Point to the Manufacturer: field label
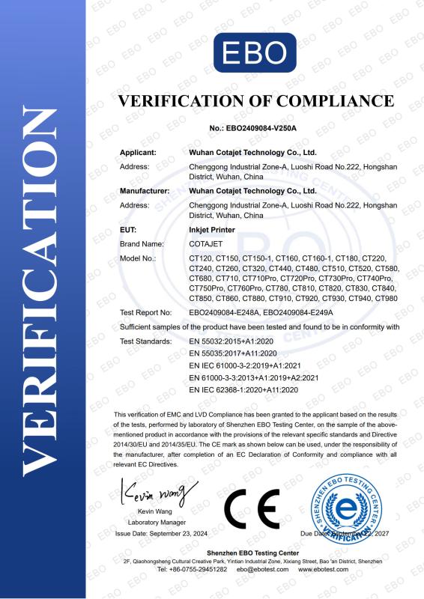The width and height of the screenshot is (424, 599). pyautogui.click(x=145, y=191)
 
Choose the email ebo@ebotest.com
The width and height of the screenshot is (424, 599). pyautogui.click(x=262, y=570)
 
